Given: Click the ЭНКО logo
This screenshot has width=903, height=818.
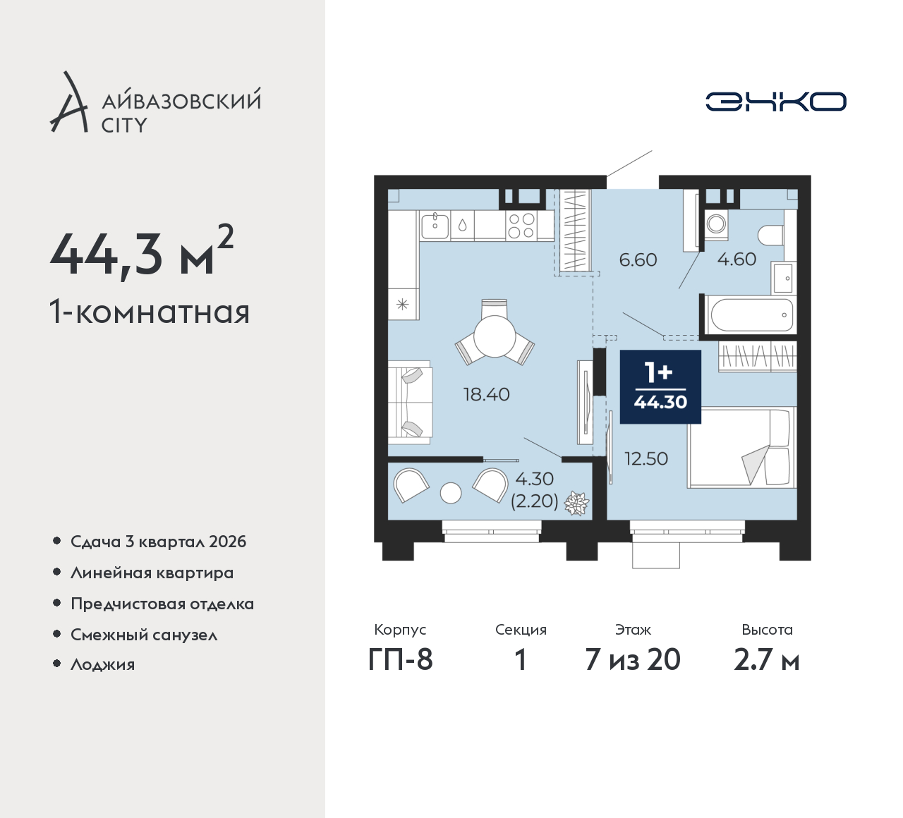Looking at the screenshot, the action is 776,102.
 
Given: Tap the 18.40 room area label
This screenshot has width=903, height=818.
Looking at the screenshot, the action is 487,395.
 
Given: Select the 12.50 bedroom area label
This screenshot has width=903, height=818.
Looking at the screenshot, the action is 646,458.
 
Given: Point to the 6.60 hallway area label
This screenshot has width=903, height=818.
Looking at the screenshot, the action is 638,260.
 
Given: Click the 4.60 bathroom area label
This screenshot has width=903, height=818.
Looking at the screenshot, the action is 737,260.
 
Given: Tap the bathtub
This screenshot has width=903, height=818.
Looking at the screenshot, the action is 750,315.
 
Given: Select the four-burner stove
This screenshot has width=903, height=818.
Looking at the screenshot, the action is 521,226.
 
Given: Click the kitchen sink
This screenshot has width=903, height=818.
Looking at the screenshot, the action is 435,226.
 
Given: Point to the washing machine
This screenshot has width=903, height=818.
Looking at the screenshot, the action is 715,223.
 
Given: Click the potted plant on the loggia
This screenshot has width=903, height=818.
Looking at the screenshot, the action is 576,504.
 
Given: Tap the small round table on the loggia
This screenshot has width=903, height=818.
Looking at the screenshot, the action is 451,493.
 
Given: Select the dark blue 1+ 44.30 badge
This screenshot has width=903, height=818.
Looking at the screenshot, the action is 660,386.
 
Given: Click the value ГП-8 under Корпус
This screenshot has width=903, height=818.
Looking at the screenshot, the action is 400,660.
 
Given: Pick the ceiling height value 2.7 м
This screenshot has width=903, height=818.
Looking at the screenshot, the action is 767,661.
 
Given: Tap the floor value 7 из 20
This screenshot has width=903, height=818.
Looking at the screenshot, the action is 633,660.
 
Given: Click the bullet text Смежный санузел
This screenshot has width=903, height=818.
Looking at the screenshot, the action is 144,635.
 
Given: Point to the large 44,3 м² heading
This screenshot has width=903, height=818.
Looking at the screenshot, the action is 142,252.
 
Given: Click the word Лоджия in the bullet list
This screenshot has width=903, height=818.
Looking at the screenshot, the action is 102,665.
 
